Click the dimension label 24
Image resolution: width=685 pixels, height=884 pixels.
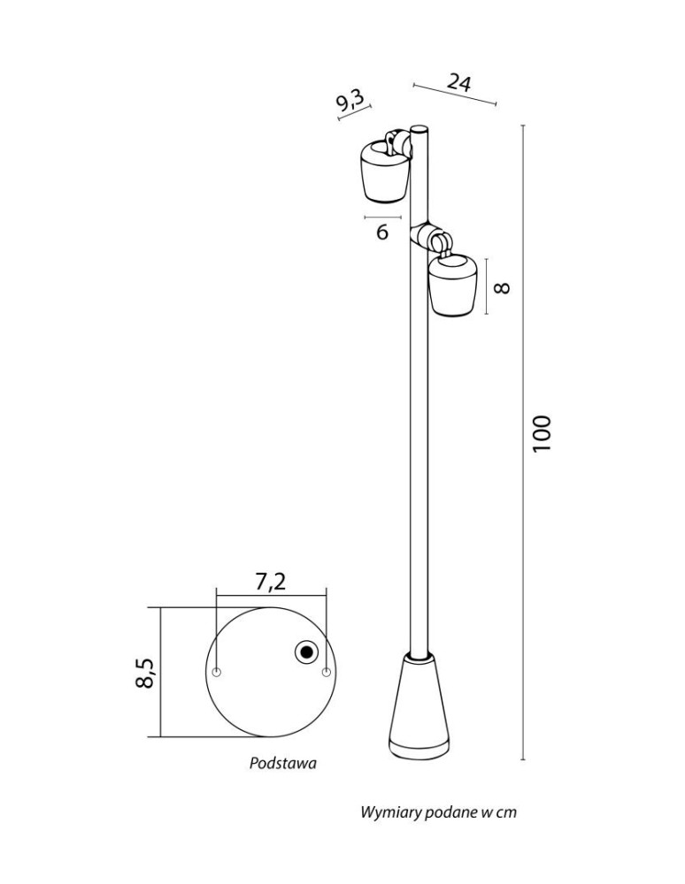[459, 83]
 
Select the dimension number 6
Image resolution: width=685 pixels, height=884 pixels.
[382, 232]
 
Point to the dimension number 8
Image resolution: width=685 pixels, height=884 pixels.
[502, 287]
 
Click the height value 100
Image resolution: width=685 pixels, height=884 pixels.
[541, 433]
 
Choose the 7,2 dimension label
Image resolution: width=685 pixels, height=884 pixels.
[271, 582]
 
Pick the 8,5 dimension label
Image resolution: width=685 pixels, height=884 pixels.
[145, 673]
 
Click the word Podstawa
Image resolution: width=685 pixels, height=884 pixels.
[282, 764]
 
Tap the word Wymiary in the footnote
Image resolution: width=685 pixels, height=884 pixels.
[383, 813]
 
